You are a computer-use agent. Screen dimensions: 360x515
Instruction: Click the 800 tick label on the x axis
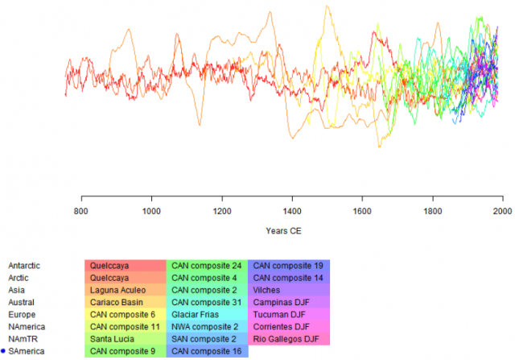(81, 211)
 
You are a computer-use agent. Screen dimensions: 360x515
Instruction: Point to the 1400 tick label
(292, 211)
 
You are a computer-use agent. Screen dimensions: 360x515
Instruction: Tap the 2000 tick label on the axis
(502, 211)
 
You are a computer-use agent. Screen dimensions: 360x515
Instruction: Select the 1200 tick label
(222, 211)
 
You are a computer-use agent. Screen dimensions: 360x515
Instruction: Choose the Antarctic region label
(24, 265)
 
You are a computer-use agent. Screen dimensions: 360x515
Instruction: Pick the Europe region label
(22, 314)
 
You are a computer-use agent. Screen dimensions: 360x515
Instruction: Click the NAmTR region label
(23, 339)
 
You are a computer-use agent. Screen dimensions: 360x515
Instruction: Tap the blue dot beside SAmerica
(3, 351)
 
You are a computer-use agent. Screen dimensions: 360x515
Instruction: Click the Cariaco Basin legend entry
(117, 302)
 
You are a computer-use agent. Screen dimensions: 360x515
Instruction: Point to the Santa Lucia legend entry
(112, 339)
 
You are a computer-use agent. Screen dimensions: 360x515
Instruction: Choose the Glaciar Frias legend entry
(197, 314)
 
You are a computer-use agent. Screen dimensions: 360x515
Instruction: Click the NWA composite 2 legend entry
(204, 327)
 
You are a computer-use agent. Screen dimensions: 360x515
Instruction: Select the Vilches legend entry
(266, 290)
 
